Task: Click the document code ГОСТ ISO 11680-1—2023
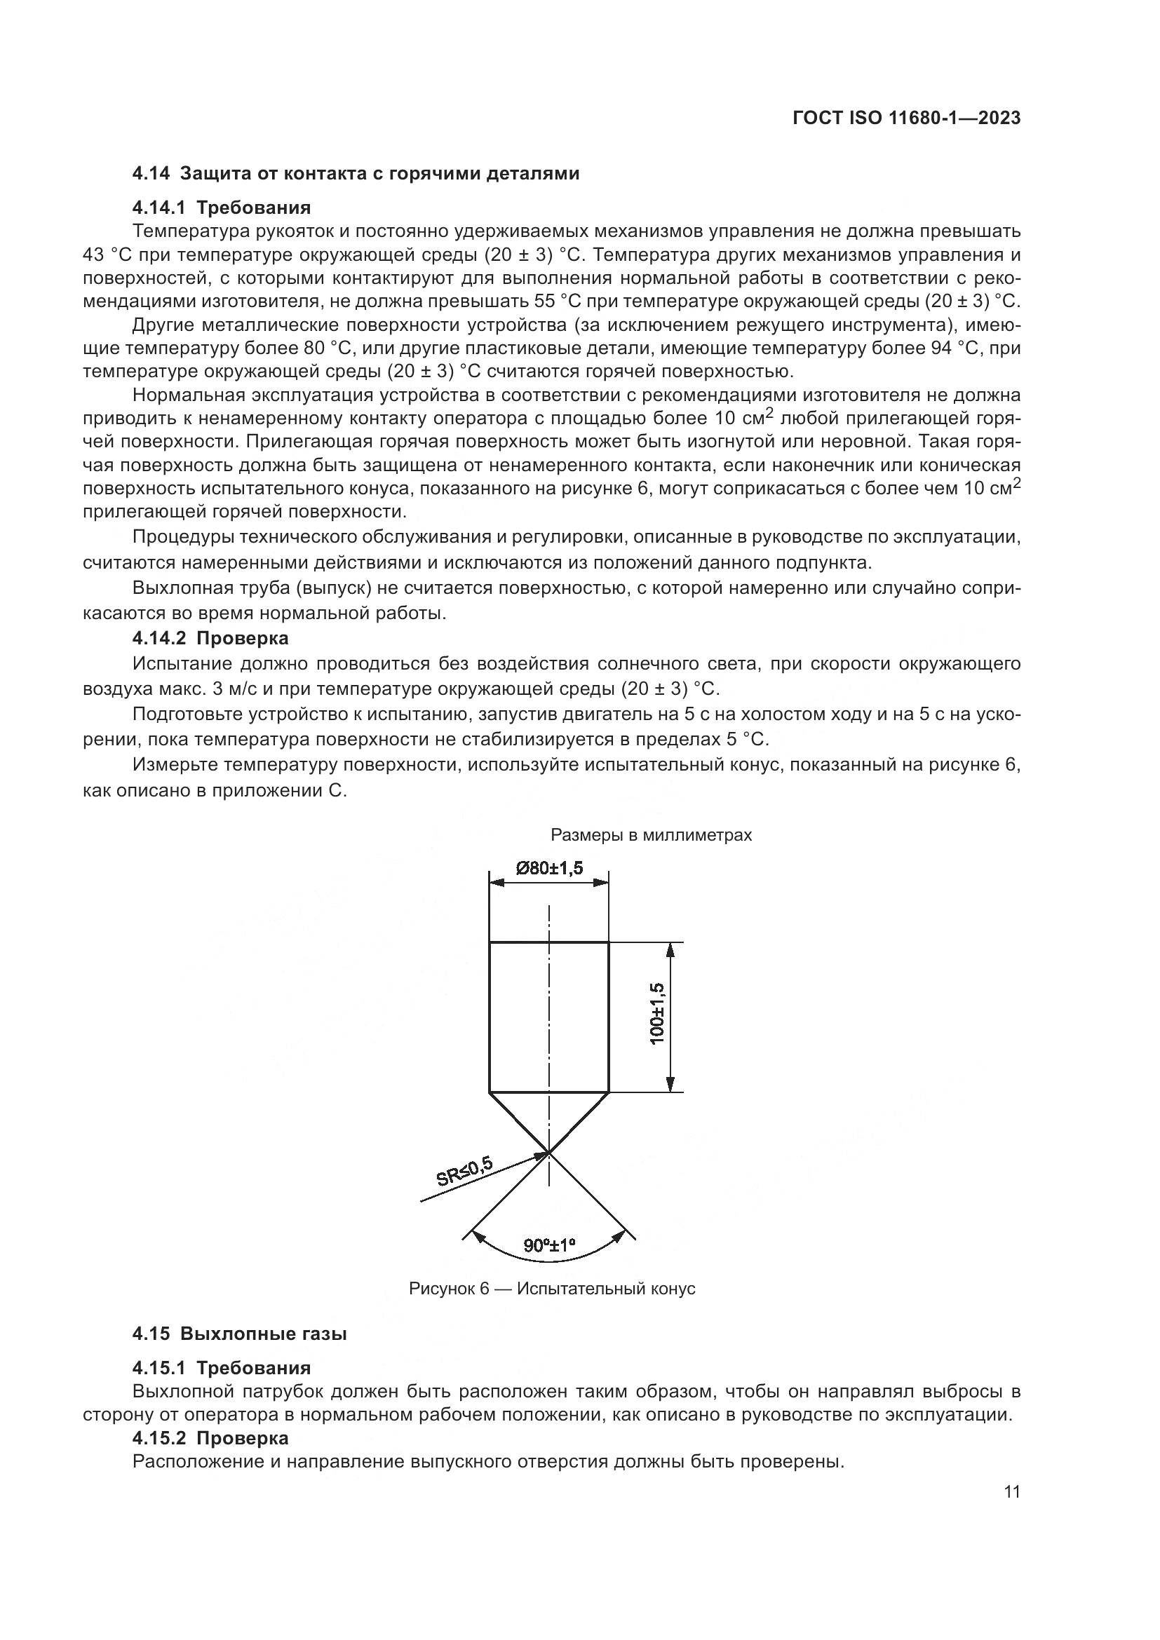(x=906, y=118)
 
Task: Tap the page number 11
(x=1011, y=1492)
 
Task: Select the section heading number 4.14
(x=151, y=174)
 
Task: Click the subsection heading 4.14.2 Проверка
(x=210, y=638)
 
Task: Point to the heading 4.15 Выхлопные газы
(x=239, y=1334)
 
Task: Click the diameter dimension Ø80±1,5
(x=548, y=868)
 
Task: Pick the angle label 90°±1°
(x=549, y=1246)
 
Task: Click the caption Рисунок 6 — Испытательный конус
(x=551, y=1289)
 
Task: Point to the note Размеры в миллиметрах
(x=651, y=835)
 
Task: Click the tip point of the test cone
(x=549, y=1151)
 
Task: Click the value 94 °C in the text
(x=955, y=348)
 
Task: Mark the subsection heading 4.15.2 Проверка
(x=210, y=1438)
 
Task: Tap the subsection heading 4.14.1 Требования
(x=222, y=208)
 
